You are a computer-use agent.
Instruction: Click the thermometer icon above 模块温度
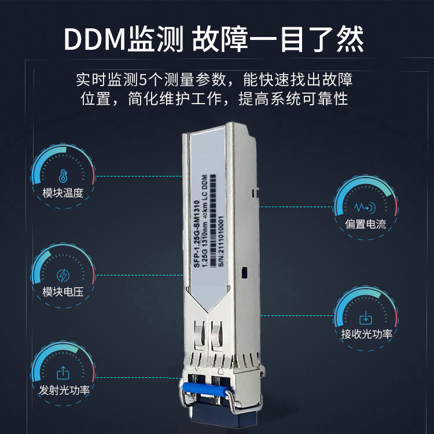coord(63,176)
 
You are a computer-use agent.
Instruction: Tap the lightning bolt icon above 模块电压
coord(63,275)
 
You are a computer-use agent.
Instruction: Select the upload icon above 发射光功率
coord(63,373)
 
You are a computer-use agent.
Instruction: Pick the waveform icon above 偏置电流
coord(365,207)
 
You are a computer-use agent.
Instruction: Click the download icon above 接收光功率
coord(365,318)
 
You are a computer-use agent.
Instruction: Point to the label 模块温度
coord(63,193)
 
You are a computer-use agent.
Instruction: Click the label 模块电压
coord(63,292)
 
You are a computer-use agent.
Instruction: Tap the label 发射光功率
coord(64,390)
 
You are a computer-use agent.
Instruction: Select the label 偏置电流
coord(365,224)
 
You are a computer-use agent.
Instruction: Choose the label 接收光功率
coord(366,334)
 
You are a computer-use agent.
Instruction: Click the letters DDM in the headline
coord(95,39)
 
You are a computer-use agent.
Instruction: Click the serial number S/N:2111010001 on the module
coord(220,241)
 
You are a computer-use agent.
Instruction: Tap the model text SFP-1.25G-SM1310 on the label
coord(197,234)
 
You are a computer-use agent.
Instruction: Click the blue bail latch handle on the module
coord(204,388)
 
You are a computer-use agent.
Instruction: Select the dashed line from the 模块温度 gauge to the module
coord(139,176)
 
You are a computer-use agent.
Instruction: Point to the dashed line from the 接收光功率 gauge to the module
coord(296,315)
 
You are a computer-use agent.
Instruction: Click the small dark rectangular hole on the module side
coord(244,273)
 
